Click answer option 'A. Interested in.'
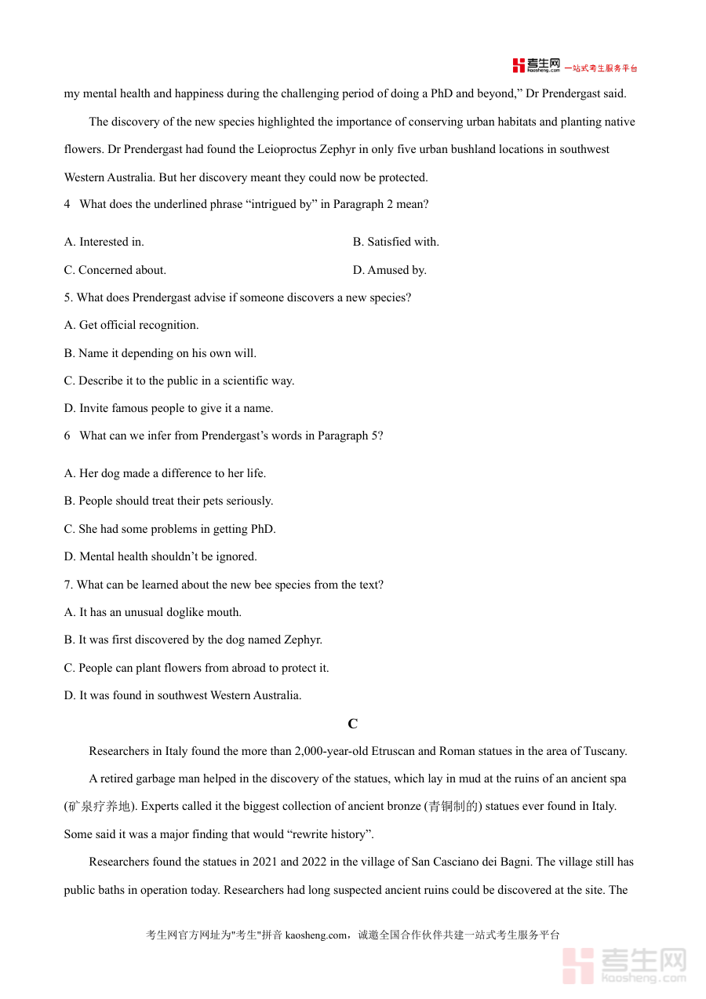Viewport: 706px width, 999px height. click(104, 242)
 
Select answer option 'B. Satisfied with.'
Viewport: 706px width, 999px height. click(395, 242)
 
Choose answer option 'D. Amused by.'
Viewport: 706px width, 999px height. click(389, 270)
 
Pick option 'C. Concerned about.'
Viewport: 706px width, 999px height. click(115, 270)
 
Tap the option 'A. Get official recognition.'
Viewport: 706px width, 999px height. click(131, 325)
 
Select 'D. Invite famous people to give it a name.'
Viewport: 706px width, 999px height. click(168, 408)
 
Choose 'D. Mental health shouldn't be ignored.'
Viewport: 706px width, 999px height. click(160, 556)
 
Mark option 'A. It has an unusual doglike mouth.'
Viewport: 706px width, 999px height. click(152, 612)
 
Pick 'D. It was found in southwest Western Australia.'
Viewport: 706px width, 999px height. click(182, 695)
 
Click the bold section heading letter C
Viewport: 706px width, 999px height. click(353, 724)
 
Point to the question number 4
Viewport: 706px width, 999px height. click(67, 205)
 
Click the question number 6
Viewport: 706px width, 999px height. click(67, 436)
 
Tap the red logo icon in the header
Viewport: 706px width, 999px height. click(519, 66)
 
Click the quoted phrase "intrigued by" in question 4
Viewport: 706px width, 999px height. click(286, 205)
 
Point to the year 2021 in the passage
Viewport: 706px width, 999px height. click(265, 862)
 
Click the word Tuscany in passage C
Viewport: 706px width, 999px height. click(605, 751)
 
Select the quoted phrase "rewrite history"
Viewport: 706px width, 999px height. click(329, 834)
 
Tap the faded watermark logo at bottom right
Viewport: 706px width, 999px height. click(624, 964)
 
